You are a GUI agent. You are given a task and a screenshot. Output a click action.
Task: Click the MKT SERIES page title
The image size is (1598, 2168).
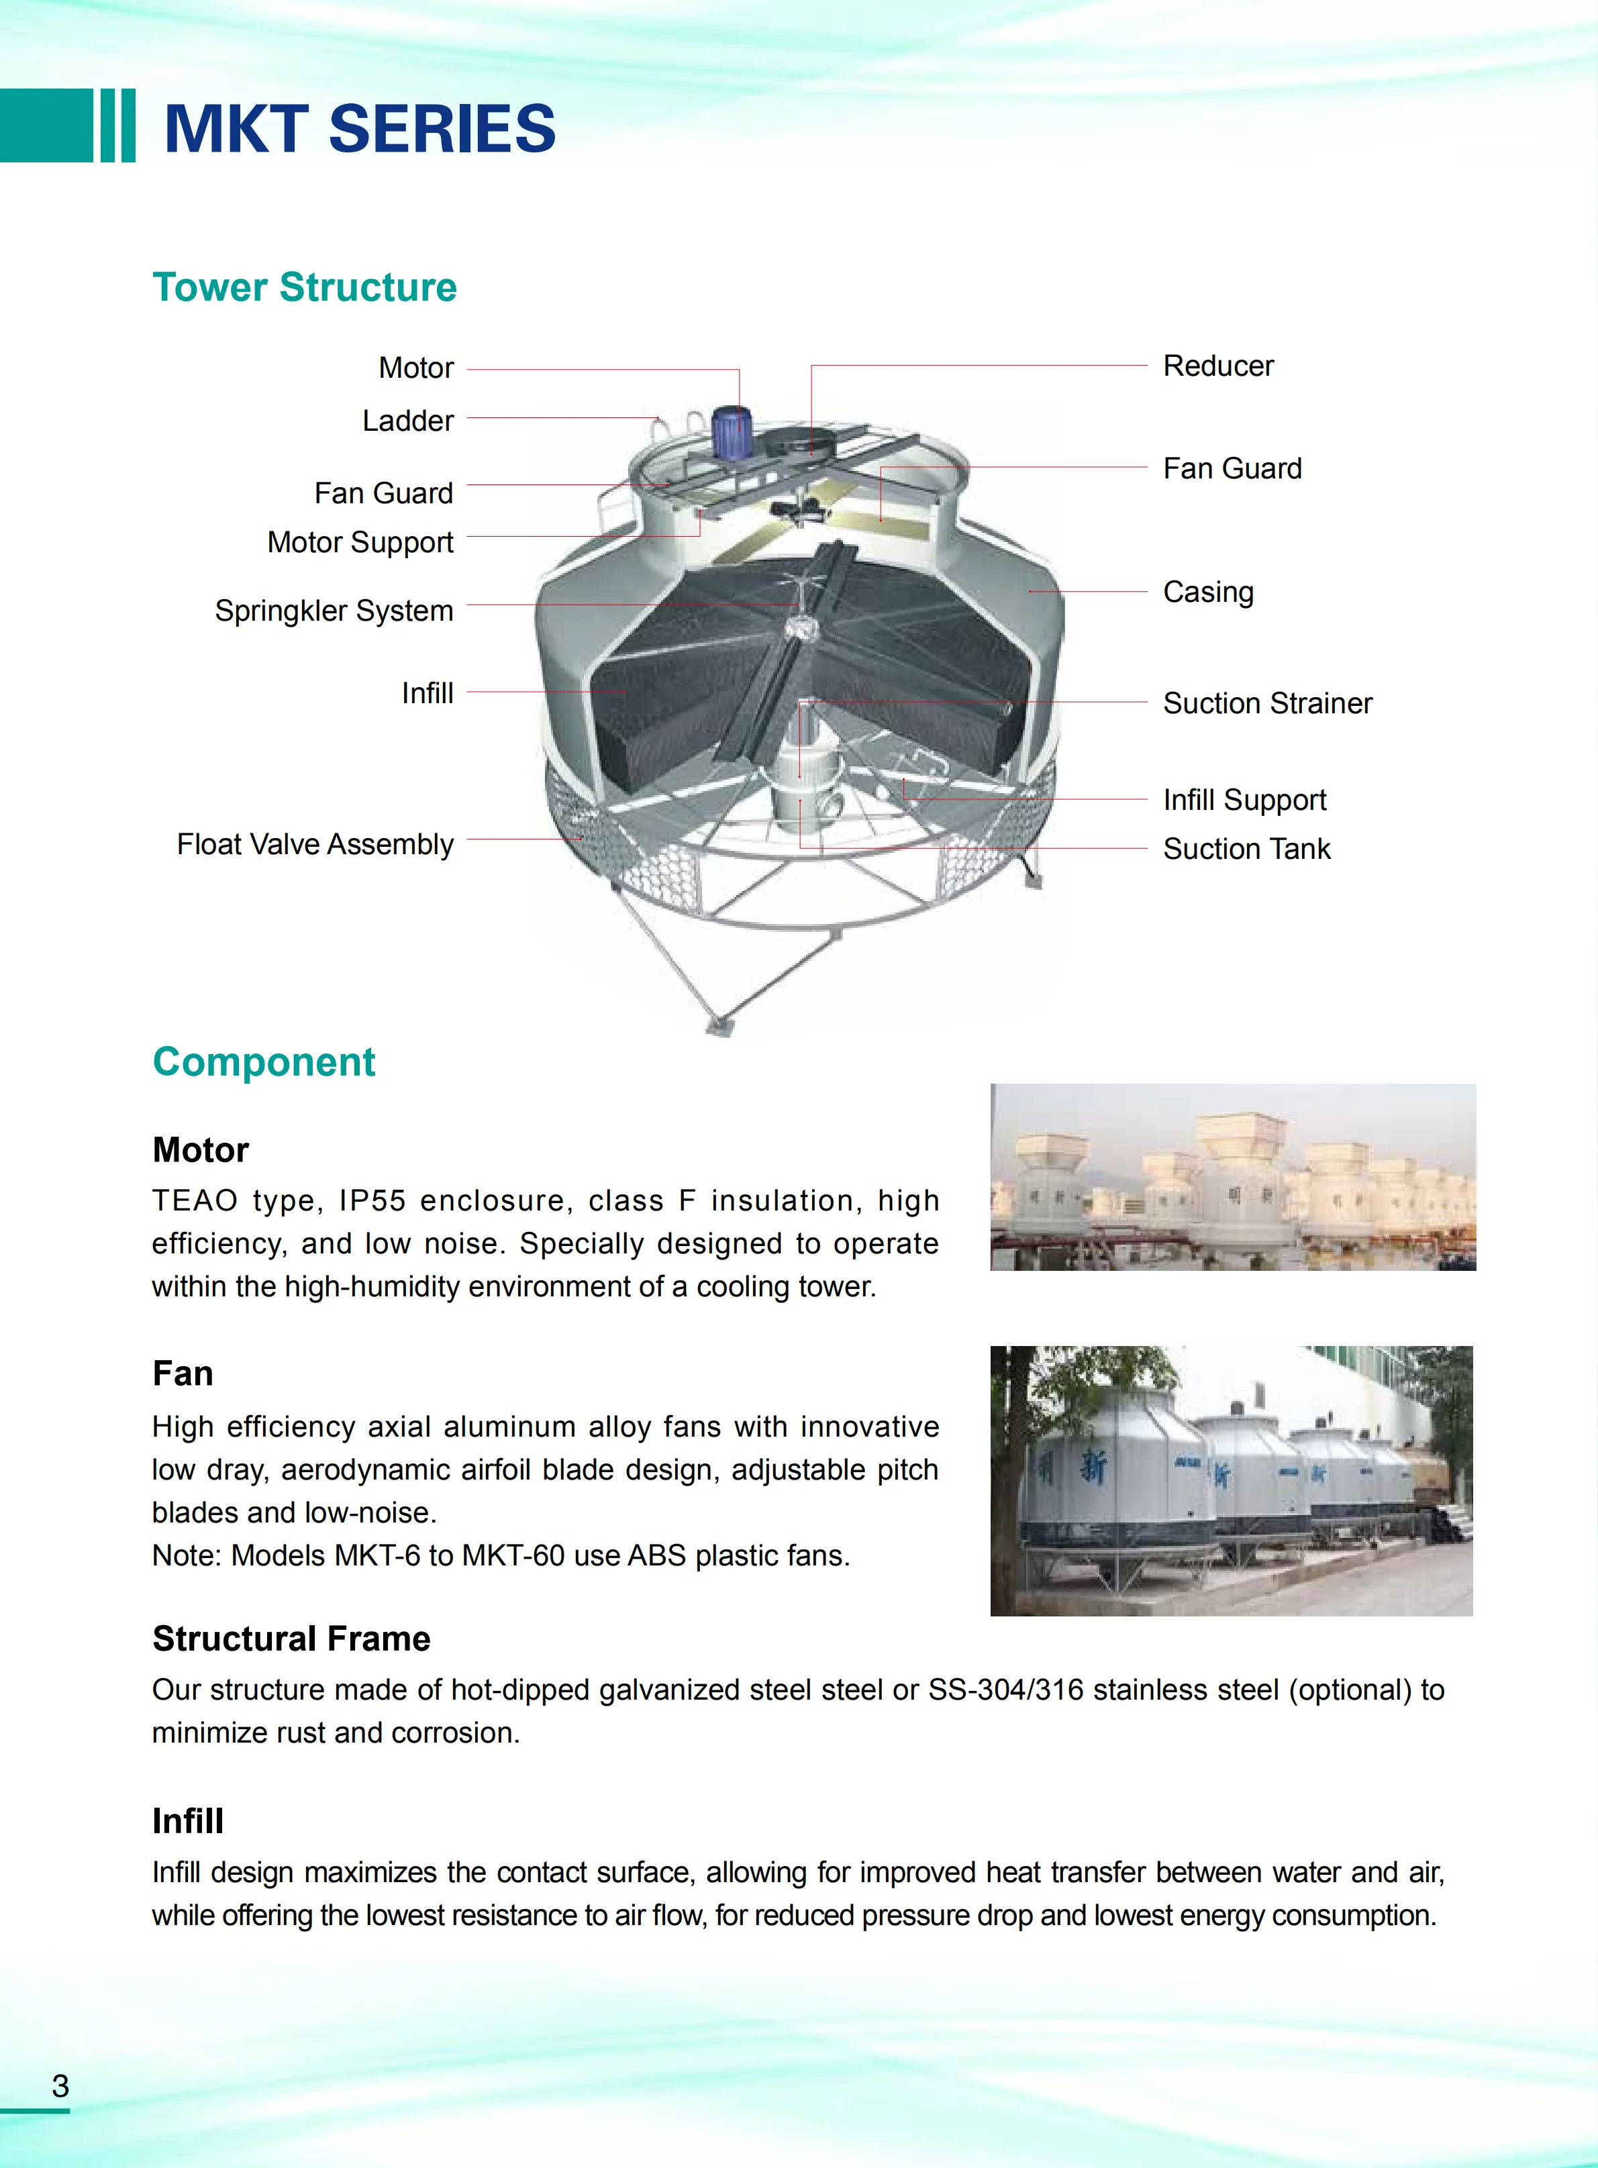(360, 129)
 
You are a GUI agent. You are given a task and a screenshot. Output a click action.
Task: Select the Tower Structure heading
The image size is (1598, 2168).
(304, 287)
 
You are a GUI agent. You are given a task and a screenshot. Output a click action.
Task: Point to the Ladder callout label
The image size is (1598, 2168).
(407, 421)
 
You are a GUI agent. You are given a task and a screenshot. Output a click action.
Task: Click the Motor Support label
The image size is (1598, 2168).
(360, 542)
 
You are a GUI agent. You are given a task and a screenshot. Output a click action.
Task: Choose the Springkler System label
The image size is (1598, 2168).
(334, 611)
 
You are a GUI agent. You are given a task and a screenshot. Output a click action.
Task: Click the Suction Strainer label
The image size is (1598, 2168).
(1266, 703)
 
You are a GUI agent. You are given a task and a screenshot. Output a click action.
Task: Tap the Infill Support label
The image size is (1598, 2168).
(1244, 800)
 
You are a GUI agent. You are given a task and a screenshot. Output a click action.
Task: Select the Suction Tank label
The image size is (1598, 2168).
(1246, 849)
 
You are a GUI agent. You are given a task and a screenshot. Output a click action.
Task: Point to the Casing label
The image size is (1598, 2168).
(1207, 592)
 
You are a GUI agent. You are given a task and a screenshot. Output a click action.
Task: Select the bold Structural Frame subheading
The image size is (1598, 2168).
(291, 1639)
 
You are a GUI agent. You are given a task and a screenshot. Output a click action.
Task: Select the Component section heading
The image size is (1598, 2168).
(263, 1062)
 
